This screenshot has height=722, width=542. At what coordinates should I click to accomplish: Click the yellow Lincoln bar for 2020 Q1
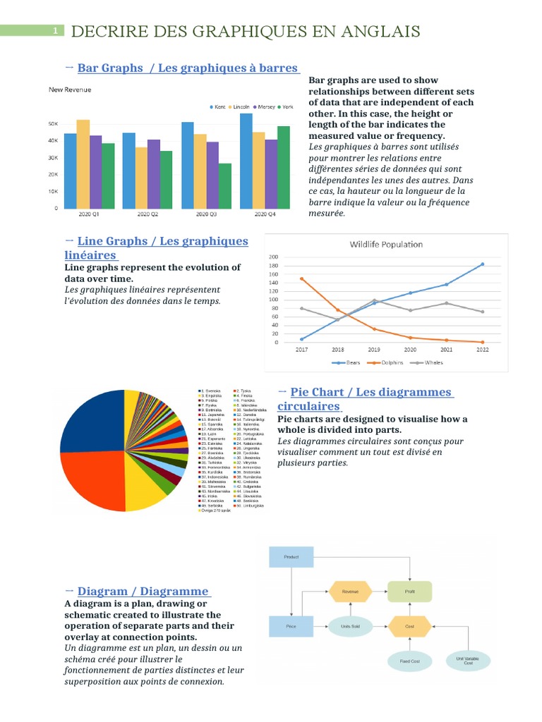(x=83, y=164)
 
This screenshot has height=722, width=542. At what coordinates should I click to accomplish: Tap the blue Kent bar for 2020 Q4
(x=246, y=161)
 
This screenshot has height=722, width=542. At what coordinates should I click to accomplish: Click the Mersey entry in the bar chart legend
(x=265, y=107)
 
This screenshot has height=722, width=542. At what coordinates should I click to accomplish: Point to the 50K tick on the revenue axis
(x=53, y=123)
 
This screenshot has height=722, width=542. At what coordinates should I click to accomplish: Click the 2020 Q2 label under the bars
(x=147, y=214)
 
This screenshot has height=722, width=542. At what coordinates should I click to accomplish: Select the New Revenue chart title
(x=69, y=90)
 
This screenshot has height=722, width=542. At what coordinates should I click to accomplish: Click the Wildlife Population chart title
(x=386, y=245)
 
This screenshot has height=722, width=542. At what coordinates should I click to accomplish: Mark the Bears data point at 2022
(x=483, y=264)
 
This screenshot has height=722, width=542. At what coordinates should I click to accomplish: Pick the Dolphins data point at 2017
(x=302, y=279)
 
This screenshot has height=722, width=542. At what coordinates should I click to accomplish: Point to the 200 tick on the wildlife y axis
(x=274, y=257)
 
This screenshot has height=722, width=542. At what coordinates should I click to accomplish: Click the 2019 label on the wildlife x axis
(x=374, y=349)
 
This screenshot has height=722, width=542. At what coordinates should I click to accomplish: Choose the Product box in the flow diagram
(x=291, y=557)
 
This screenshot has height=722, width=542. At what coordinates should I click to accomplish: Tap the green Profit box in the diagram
(x=409, y=592)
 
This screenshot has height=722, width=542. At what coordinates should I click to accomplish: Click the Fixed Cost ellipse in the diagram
(x=410, y=661)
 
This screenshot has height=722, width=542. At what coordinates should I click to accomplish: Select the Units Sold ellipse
(x=351, y=626)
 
